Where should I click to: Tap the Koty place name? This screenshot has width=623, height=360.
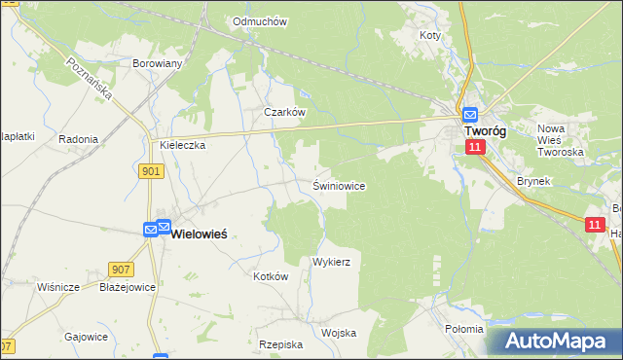[x=430, y=35]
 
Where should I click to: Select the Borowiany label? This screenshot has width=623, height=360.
[x=158, y=64]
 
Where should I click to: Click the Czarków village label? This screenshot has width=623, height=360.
[x=285, y=112]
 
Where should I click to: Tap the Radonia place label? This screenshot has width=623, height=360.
[x=78, y=139]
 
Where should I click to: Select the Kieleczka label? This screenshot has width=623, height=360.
[x=182, y=145]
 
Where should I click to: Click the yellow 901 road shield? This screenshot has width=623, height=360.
[x=150, y=171]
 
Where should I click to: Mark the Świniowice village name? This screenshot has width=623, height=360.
[x=339, y=186]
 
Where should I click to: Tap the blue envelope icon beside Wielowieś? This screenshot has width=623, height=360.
[x=151, y=230]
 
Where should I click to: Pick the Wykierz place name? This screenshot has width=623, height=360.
[x=331, y=263]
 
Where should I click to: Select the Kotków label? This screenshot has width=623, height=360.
[x=272, y=276]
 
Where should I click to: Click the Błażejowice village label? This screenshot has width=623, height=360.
[x=128, y=287]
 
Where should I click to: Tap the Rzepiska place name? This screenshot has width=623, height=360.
[x=281, y=344]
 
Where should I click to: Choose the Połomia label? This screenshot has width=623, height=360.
[x=463, y=329]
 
